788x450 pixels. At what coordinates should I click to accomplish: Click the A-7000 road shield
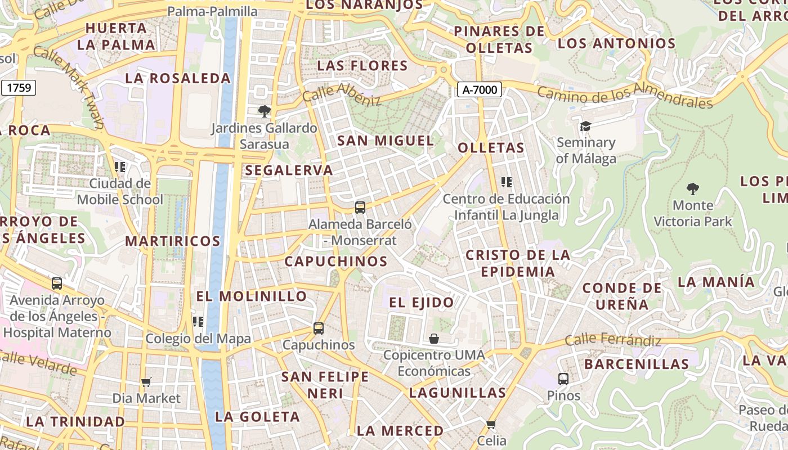click(479, 89)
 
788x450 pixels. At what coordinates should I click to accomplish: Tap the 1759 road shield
click(19, 88)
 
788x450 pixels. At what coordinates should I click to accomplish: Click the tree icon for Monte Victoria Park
click(693, 189)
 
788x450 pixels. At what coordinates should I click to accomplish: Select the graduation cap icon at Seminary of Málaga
click(585, 126)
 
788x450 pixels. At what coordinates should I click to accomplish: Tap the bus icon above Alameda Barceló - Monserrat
click(360, 208)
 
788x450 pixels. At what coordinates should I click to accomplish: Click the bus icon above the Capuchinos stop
click(319, 328)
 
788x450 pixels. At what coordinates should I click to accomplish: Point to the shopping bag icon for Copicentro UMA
click(434, 339)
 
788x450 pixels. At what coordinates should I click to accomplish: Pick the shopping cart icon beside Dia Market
click(146, 382)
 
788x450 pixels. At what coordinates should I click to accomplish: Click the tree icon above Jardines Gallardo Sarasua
click(263, 111)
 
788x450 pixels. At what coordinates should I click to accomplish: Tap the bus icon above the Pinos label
click(563, 379)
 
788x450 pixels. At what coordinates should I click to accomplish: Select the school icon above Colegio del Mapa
click(198, 322)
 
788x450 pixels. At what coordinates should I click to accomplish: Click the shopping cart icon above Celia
click(491, 424)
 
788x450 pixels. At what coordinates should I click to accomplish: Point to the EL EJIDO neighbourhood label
click(422, 303)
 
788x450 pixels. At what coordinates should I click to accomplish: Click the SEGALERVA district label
click(289, 170)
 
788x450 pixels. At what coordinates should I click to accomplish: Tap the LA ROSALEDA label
click(178, 78)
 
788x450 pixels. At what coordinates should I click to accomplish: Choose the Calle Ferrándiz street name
click(613, 340)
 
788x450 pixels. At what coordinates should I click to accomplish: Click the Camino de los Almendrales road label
click(625, 96)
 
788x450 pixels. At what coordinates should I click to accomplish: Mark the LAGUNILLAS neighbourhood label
click(457, 393)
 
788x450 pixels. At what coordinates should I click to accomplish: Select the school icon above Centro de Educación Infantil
click(507, 182)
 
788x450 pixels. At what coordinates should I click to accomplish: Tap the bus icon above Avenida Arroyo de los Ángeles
click(57, 283)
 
